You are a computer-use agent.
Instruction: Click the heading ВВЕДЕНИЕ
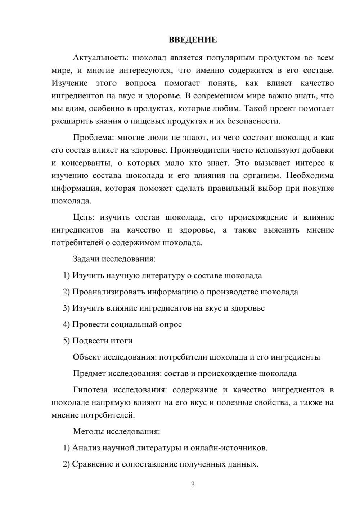[193, 40]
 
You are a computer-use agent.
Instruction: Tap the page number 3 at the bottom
[193, 485]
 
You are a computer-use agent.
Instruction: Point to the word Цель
[84, 217]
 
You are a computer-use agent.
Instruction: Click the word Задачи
[86, 259]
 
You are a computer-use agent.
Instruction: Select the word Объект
[87, 357]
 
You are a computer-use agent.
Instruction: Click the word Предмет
[89, 373]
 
